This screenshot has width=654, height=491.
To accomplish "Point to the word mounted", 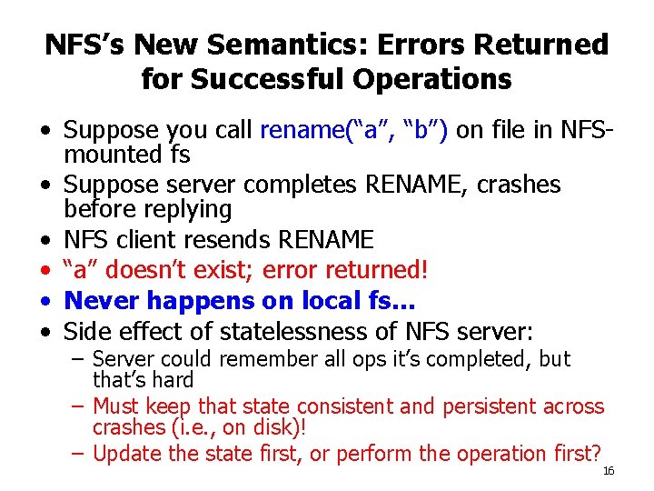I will coord(114,155).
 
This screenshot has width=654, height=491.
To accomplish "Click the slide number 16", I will coord(609,470).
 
